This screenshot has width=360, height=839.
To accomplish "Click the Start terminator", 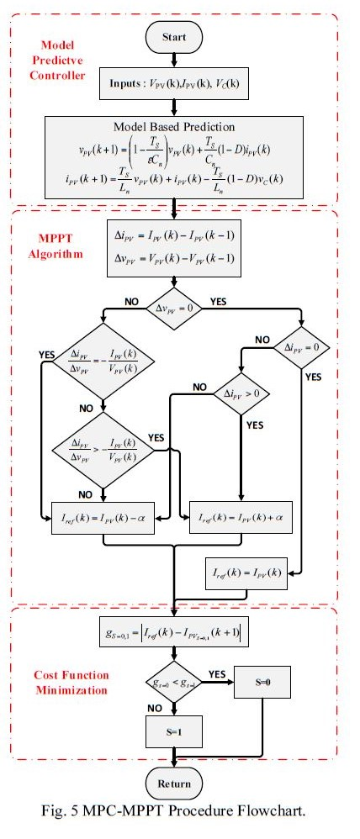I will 173,38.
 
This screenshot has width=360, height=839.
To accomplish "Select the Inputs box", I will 173,85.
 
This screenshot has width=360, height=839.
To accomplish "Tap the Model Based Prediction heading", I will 174,127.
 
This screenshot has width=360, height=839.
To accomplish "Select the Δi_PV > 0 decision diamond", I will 240,392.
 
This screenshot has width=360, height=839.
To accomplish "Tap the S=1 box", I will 173,731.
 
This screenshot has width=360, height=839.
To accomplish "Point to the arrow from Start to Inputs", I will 173,61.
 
